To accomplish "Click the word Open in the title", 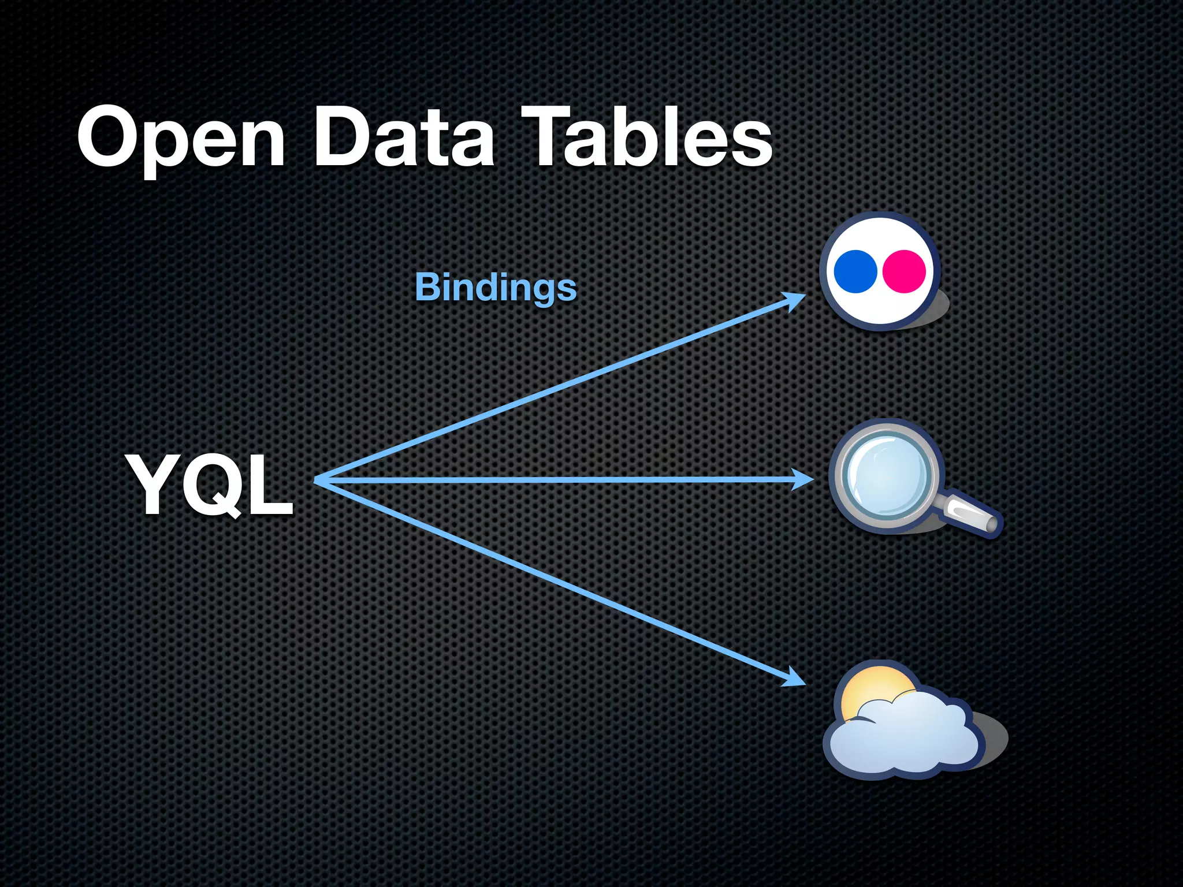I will [181, 139].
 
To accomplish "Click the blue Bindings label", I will [496, 287].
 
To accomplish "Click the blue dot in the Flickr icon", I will [855, 271].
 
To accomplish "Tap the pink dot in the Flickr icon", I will [905, 271].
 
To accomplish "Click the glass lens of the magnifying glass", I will [885, 475].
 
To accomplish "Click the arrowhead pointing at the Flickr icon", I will [795, 300].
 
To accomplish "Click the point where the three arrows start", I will [317, 480].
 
